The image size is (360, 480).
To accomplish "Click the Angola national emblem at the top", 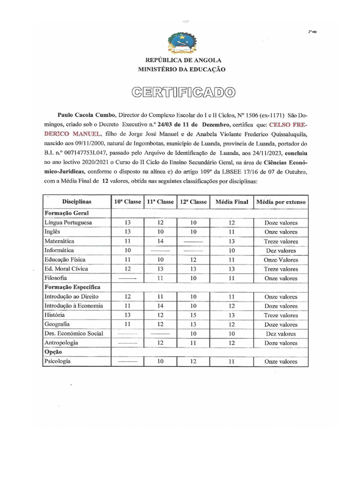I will [182, 41].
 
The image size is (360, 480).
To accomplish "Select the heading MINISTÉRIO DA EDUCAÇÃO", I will [182, 69].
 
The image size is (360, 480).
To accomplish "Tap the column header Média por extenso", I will [280, 202].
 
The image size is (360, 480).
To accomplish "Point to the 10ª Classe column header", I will [127, 202].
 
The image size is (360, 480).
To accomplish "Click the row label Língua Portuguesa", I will [68, 223].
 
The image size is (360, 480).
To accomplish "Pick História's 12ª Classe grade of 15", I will [193, 315].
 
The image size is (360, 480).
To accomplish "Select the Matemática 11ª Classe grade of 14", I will [160, 241].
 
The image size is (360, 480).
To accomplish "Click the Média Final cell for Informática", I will [231, 250].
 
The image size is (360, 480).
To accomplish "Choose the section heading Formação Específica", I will [72, 287].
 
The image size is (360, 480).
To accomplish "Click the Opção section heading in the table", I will [53, 352].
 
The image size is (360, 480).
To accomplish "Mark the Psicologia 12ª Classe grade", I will [193, 361].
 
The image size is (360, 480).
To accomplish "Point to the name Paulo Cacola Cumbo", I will [87, 114].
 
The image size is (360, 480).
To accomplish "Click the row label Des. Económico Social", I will [73, 333].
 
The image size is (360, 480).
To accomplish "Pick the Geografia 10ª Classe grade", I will [127, 324].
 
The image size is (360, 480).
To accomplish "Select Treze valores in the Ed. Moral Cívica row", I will [280, 269].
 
